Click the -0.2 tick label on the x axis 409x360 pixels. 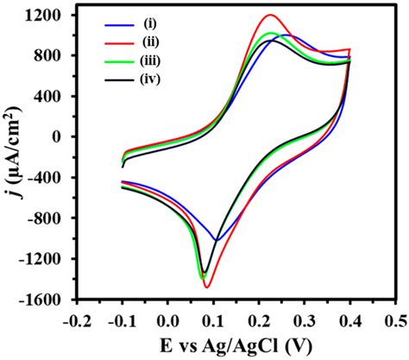(x=76, y=319)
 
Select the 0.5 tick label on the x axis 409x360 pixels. (x=394, y=319)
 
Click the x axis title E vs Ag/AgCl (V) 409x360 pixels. (x=236, y=344)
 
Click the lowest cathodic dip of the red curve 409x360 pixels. (x=207, y=287)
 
